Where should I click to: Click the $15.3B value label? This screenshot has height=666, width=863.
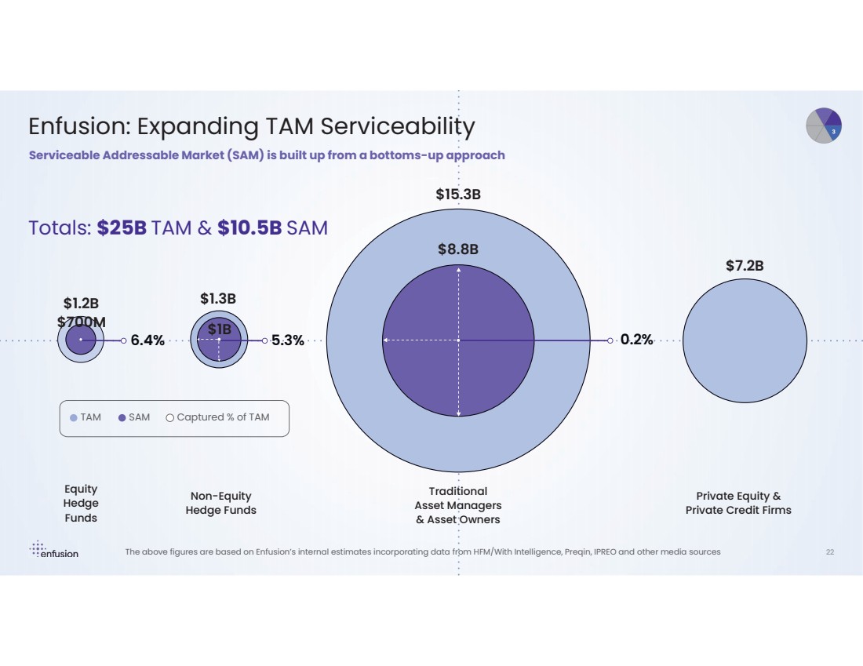coord(458,195)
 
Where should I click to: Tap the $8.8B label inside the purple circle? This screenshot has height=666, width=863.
coord(458,249)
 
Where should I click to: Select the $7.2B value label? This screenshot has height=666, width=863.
coord(745,266)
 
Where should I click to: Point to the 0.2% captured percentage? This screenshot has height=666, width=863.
coord(636,340)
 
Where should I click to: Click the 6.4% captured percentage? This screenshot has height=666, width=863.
coord(147,340)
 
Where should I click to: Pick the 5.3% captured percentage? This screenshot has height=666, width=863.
coord(288,340)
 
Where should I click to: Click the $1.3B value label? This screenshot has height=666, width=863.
coord(218,298)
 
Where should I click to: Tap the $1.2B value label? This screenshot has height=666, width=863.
coord(82,303)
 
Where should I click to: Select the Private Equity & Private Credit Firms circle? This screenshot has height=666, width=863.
coord(745,340)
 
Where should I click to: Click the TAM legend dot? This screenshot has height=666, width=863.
coord(74,418)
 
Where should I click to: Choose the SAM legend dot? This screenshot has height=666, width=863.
coord(122,418)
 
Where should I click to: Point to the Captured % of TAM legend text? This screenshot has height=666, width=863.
coord(223,417)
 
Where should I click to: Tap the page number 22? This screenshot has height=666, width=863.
coord(830,552)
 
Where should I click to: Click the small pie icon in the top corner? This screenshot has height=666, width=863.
coord(824,126)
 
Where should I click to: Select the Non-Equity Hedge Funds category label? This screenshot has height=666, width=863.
coord(220,503)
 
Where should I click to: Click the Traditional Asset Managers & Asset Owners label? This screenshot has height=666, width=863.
coord(458,505)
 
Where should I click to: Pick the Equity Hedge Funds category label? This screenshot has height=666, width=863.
coord(81,503)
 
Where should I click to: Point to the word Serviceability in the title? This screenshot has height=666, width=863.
coord(407,127)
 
